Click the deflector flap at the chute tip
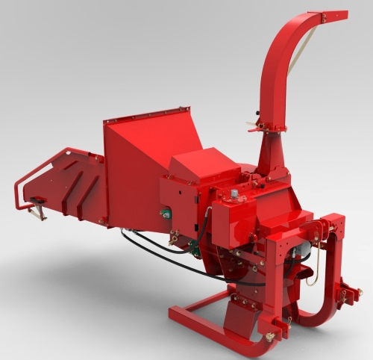coord(333,14)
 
